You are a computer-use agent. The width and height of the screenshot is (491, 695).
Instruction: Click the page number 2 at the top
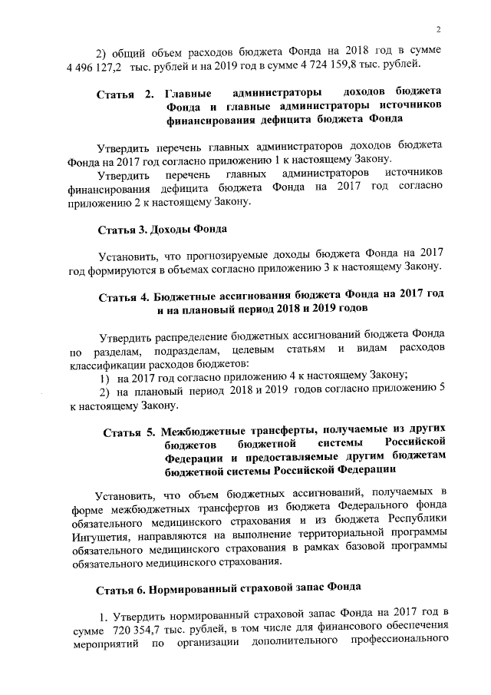coord(435,30)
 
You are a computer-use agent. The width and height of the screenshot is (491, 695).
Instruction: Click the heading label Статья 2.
coord(126,96)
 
